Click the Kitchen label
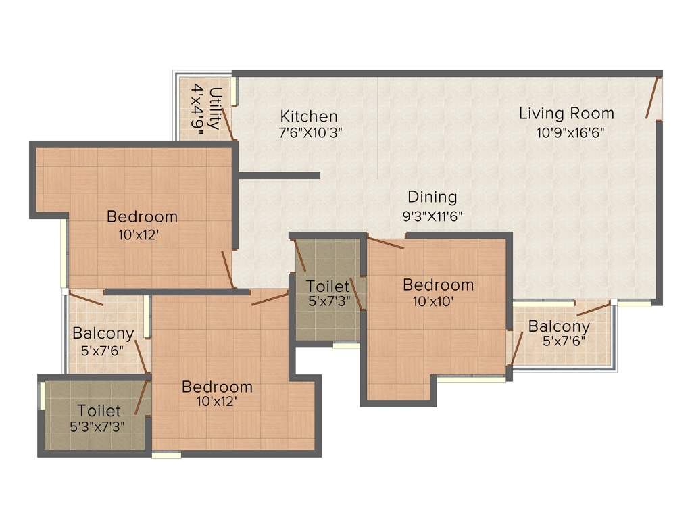click(x=309, y=116)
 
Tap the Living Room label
click(x=566, y=114)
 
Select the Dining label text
click(x=432, y=197)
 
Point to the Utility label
click(x=216, y=108)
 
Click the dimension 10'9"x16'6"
click(x=570, y=133)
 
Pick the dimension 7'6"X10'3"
click(x=311, y=133)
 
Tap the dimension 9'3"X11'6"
click(x=432, y=216)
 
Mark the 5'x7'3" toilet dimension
click(x=328, y=301)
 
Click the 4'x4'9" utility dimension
click(x=198, y=109)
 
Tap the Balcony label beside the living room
click(x=559, y=326)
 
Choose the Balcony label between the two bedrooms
click(x=103, y=333)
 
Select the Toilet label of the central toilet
click(x=328, y=286)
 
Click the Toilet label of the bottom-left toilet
click(x=99, y=410)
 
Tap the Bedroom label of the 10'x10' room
click(x=438, y=285)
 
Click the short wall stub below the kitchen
click(x=278, y=176)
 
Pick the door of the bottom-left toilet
click(x=141, y=397)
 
